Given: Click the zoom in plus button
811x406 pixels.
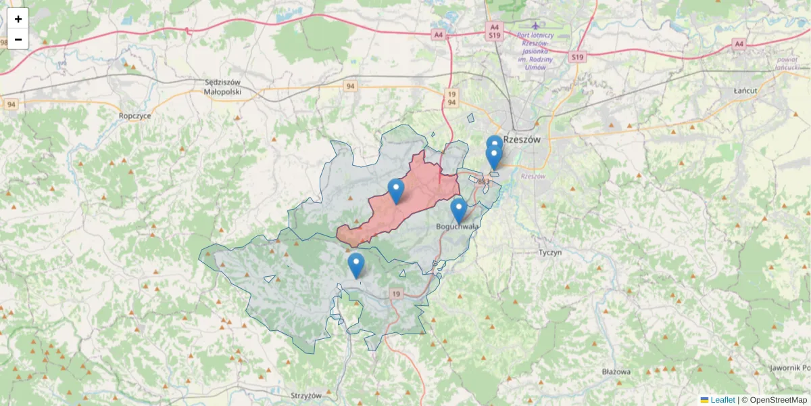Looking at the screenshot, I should [x=18, y=19].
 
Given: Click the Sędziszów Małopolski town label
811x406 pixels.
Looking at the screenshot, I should [x=222, y=87].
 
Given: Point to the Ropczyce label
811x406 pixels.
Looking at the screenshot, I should [x=134, y=116].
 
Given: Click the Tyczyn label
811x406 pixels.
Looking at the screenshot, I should [x=550, y=252].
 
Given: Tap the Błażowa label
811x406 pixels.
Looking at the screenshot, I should [x=616, y=372].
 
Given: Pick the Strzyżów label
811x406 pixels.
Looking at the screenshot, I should [x=305, y=395].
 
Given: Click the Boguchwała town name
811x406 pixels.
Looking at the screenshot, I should [x=458, y=226].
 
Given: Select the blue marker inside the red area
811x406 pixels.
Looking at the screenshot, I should [x=396, y=191].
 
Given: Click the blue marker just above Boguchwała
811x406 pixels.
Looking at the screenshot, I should [x=459, y=210].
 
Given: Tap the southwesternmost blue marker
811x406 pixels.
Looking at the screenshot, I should [x=355, y=265].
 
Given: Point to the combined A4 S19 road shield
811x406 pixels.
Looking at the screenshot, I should [x=495, y=30].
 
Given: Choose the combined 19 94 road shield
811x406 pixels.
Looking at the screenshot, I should [x=451, y=97].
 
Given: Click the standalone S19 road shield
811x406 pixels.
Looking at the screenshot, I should [x=576, y=58].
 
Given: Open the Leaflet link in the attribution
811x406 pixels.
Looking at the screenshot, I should [x=722, y=400].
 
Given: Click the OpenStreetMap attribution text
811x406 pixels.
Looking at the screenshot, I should [x=778, y=400].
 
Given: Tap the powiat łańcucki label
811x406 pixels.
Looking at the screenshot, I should [x=788, y=63].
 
